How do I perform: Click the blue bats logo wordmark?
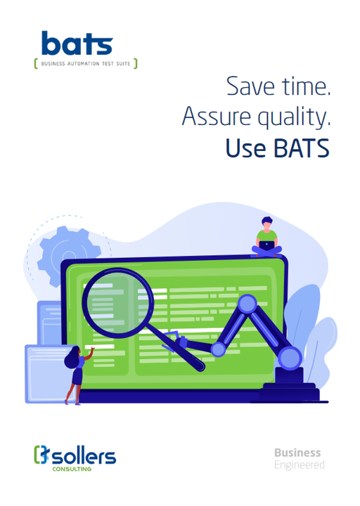pyautogui.click(x=77, y=43)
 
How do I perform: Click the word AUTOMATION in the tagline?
pyautogui.click(x=83, y=63)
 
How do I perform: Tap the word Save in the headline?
pyautogui.click(x=250, y=86)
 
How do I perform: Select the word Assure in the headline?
pyautogui.click(x=217, y=116)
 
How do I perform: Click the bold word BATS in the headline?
pyautogui.click(x=302, y=148)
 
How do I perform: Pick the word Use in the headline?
pyautogui.click(x=245, y=148)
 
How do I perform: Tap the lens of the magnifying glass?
pyautogui.click(x=117, y=303)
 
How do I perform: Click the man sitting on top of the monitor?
pyautogui.click(x=266, y=238)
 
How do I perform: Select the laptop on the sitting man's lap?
pyautogui.click(x=266, y=246)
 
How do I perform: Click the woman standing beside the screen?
pyautogui.click(x=77, y=375)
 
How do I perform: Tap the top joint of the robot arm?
pyautogui.click(x=247, y=304)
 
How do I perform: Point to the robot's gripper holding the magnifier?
pyautogui.click(x=179, y=342)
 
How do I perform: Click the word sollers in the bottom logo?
pyautogui.click(x=84, y=456)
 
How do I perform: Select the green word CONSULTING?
pyautogui.click(x=72, y=469)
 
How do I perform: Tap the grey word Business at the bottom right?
pyautogui.click(x=297, y=453)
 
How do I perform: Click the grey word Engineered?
pyautogui.click(x=300, y=465)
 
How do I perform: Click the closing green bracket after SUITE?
pyautogui.click(x=136, y=63)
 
